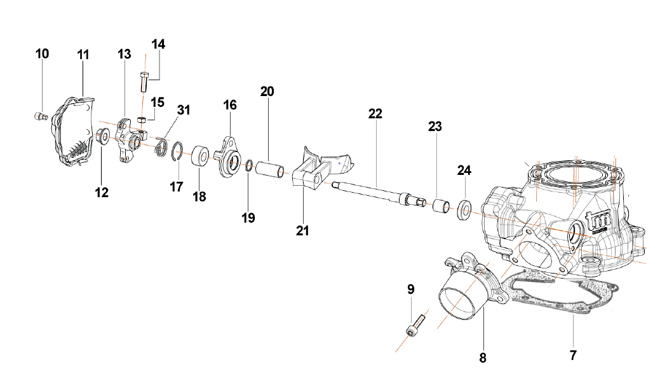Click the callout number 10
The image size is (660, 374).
(42, 54)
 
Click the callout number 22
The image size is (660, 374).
(375, 114)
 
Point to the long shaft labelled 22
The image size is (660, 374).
(375, 193)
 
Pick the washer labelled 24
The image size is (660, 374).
(464, 209)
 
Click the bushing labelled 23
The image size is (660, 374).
(441, 205)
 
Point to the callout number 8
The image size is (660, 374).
(483, 358)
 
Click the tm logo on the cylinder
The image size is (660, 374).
(598, 220)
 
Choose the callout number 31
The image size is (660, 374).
(184, 110)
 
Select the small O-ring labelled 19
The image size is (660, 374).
(250, 167)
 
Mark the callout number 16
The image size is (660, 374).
(229, 104)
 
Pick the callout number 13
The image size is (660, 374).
(124, 54)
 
